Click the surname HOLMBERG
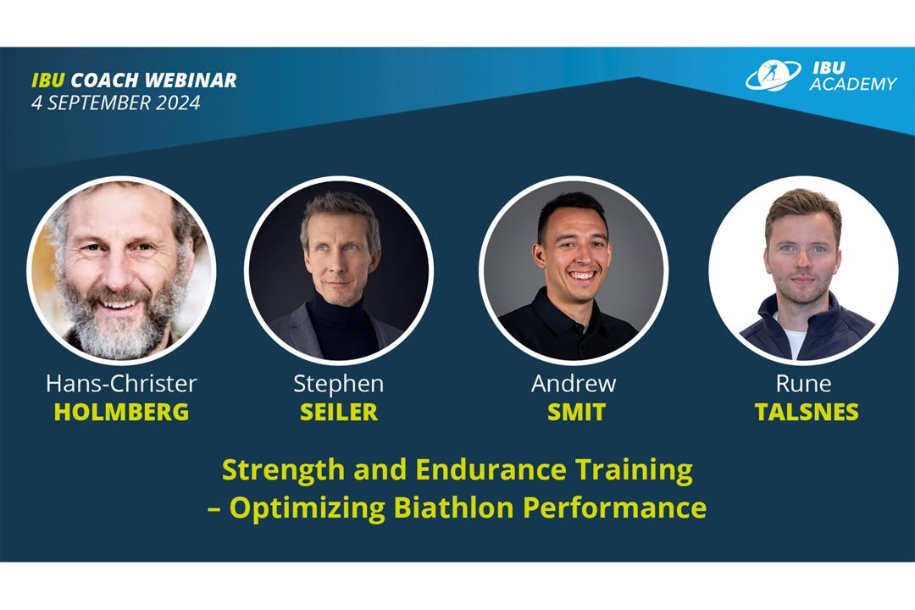(121, 412)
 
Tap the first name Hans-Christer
(121, 384)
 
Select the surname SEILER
(339, 412)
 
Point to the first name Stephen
(338, 384)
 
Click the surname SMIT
(576, 412)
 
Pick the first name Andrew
(574, 384)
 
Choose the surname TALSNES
(807, 412)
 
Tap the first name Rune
(803, 384)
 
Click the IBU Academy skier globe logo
(774, 75)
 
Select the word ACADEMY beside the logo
(852, 84)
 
